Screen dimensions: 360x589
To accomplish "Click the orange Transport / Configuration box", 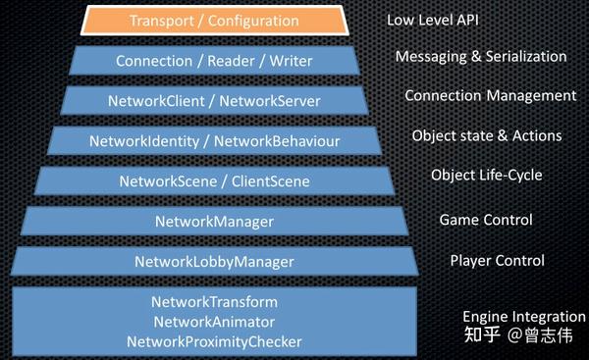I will click(213, 20).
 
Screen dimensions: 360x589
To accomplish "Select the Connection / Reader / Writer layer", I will click(213, 61).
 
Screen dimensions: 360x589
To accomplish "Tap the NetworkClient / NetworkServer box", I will click(213, 101).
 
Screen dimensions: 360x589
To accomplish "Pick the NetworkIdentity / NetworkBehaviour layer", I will click(213, 141).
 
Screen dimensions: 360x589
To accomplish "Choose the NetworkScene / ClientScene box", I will click(213, 180).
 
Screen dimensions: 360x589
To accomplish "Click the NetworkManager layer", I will click(213, 221).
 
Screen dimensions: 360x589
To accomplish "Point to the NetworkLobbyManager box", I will click(213, 261).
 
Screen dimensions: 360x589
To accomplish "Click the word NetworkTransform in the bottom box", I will click(214, 301).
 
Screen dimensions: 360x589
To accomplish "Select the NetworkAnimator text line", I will click(214, 321).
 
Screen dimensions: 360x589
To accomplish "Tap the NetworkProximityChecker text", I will click(214, 341).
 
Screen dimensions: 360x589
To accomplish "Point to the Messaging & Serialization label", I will click(481, 57).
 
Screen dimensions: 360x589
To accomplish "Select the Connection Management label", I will click(490, 96).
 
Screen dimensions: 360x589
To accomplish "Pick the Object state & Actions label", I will click(486, 135).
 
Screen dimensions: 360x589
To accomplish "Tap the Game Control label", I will click(485, 220).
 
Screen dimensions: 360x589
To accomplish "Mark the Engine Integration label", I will click(523, 317).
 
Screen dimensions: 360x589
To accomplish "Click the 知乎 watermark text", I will click(482, 335).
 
